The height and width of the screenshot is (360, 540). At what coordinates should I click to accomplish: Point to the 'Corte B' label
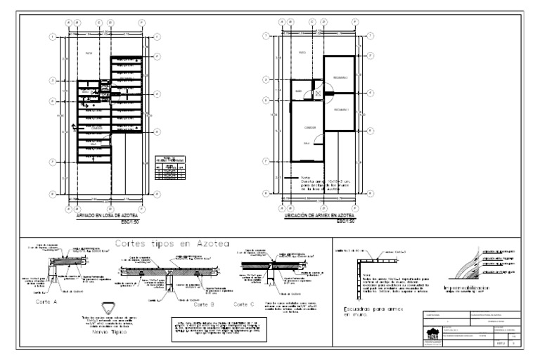point(203,304)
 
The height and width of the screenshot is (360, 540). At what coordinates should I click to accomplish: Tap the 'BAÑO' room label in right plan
point(298,91)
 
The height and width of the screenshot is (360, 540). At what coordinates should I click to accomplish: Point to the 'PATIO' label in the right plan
point(301,53)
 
